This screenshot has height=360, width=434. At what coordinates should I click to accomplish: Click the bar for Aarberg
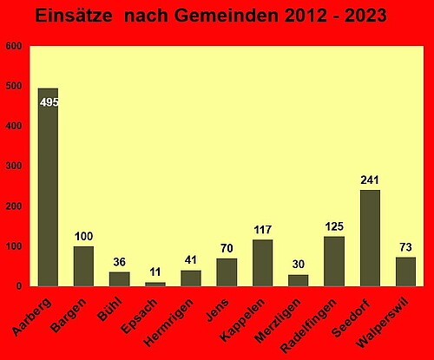point(48,187)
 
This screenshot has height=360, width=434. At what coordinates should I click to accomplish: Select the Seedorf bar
point(370,238)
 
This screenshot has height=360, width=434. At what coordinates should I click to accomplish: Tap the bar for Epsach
point(155,285)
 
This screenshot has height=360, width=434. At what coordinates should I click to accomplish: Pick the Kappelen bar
point(263,263)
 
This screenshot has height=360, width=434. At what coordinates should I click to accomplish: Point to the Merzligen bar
point(299,280)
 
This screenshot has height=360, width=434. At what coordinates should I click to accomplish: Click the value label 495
point(49,102)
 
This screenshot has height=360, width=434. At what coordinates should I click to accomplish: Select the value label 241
point(370,180)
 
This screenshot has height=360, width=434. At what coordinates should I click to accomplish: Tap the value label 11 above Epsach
point(155,272)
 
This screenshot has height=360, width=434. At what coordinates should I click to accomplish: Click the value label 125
point(334,226)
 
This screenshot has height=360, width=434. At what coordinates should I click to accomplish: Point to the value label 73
point(405,247)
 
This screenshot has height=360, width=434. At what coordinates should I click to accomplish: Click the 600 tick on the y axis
point(14,46)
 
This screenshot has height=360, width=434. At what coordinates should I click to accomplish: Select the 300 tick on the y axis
point(14,166)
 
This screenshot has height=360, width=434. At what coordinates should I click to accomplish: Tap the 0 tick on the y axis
point(19,286)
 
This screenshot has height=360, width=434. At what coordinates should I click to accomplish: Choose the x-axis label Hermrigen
point(168,322)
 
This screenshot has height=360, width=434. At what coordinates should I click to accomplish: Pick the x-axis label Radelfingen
point(309,325)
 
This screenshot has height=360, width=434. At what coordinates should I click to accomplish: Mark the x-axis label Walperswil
point(383,323)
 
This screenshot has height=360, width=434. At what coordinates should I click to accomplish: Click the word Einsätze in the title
point(74,16)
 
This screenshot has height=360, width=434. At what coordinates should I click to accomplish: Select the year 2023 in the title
point(365,16)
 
